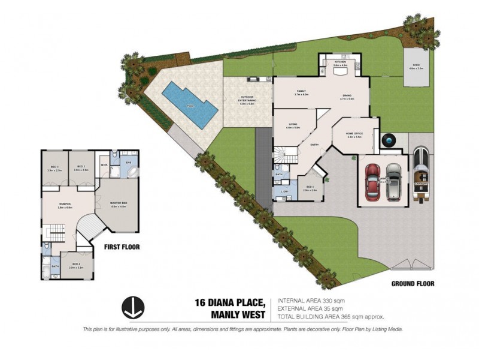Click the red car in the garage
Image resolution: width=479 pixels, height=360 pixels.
(x=372, y=182)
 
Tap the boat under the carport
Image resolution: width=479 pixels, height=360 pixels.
(x=420, y=174)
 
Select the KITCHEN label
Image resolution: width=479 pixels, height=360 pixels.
(x=340, y=61)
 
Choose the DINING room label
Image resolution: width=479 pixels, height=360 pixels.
(x=347, y=95)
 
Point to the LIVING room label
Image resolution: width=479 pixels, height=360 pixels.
(x=293, y=125)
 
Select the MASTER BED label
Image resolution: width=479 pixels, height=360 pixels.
(x=119, y=203)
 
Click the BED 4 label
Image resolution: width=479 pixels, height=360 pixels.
(x=76, y=265)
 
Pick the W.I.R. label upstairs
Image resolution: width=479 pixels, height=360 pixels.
(x=104, y=165)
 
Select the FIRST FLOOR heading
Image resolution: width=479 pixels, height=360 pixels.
(x=122, y=247)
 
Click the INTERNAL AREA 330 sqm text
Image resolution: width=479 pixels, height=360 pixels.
(x=311, y=300)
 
